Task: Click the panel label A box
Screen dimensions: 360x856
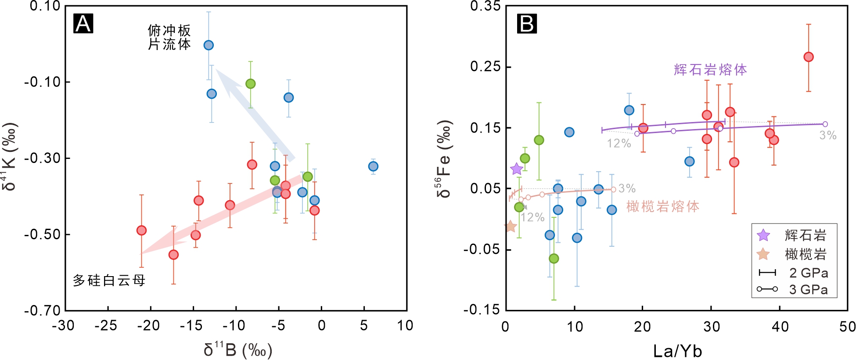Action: tap(83, 23)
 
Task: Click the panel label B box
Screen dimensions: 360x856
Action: tap(527, 23)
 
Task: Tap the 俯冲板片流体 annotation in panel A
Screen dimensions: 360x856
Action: tap(169, 37)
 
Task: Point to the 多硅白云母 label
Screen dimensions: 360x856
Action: tap(109, 280)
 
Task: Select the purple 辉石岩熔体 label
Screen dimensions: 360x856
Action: tap(710, 69)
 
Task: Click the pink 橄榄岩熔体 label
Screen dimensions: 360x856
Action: tap(662, 206)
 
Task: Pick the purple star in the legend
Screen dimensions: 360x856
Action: tap(763, 235)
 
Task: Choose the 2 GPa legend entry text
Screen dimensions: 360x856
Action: tap(809, 273)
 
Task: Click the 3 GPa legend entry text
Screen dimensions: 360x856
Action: tap(809, 289)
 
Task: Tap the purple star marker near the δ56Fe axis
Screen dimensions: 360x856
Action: tap(517, 169)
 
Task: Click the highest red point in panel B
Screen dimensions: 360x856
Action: tap(809, 57)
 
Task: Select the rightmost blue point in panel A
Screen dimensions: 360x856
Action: tap(373, 166)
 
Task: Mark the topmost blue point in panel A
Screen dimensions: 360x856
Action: tap(209, 45)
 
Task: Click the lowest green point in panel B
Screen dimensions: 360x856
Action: tap(554, 259)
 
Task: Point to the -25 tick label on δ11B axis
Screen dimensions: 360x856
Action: tap(106, 325)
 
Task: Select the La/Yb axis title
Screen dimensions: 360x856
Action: tap(677, 351)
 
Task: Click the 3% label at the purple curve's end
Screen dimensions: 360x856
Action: tap(828, 135)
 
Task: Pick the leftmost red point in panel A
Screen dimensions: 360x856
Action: tap(141, 230)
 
